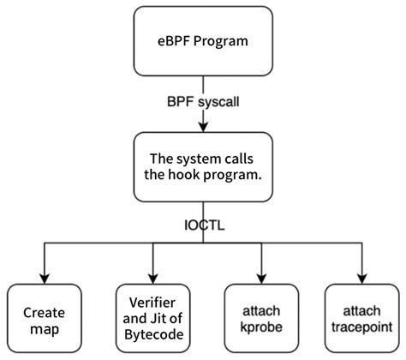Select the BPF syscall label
tap(203, 100)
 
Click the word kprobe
tap(256, 326)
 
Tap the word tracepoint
tap(363, 326)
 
